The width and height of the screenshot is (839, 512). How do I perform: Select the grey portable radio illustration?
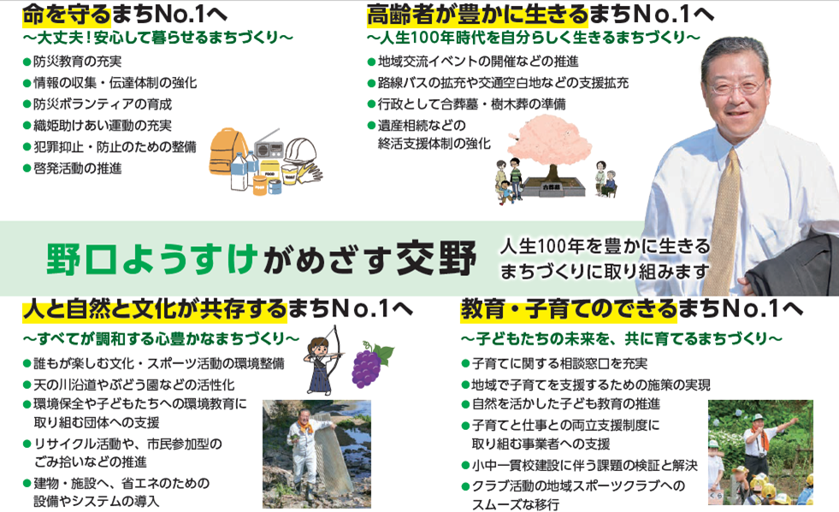point(268,144)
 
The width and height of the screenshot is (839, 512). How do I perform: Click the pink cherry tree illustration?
point(549,144)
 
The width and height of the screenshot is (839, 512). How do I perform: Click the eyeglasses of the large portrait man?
point(737,85)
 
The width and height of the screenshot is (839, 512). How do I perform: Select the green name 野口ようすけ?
point(151,259)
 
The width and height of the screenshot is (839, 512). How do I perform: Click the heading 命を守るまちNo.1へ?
point(125,15)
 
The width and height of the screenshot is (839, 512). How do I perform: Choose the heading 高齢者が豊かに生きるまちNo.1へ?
point(540,15)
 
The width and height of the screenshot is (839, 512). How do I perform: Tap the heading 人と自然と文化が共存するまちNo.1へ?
point(217,309)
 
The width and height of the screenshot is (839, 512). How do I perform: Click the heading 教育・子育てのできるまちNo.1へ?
point(631,309)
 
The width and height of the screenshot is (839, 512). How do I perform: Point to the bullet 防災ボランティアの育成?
point(97,103)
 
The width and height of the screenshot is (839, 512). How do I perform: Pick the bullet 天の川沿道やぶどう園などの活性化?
point(129,385)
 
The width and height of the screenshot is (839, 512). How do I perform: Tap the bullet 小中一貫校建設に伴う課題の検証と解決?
point(580,466)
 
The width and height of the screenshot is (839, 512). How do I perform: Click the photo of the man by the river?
point(316,454)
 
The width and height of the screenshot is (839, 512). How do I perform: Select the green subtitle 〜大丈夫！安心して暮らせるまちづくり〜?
point(158,38)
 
